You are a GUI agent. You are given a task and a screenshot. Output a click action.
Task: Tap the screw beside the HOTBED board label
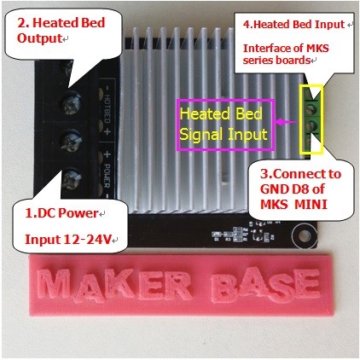click(x=72, y=103)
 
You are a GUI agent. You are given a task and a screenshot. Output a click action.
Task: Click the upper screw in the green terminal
click(x=311, y=108)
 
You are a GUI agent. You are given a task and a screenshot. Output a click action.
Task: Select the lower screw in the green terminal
click(x=311, y=125)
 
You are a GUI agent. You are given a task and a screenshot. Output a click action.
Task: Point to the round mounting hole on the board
click(x=305, y=235)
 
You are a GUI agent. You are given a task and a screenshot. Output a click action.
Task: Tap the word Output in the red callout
click(x=39, y=38)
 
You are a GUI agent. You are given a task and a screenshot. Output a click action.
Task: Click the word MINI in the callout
click(x=311, y=205)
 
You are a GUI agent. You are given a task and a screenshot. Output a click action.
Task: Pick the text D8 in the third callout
click(x=299, y=189)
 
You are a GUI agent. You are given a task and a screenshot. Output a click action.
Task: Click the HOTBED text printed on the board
click(x=107, y=108)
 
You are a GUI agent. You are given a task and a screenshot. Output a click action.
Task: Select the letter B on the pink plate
click(x=225, y=285)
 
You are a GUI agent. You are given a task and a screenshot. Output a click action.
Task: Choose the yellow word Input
click(x=247, y=135)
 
